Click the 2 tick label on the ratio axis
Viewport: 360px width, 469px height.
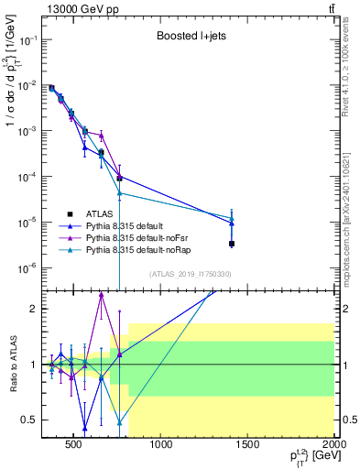33,309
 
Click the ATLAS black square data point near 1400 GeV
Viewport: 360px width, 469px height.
233,244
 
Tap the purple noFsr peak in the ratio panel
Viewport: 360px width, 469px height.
102,293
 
